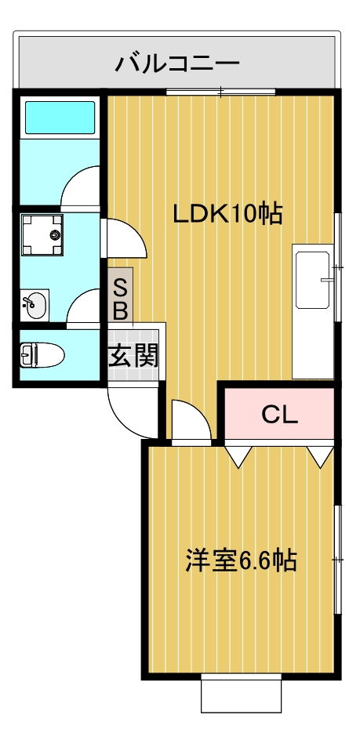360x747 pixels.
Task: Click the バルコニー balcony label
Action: [177, 63]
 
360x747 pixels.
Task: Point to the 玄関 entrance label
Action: [133, 357]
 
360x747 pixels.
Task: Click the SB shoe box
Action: [121, 298]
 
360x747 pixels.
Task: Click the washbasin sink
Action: [35, 306]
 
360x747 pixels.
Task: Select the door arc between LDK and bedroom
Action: [190, 423]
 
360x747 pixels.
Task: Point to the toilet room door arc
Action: [85, 307]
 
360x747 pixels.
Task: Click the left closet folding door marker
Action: [238, 455]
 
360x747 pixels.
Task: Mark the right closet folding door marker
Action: [319, 455]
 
